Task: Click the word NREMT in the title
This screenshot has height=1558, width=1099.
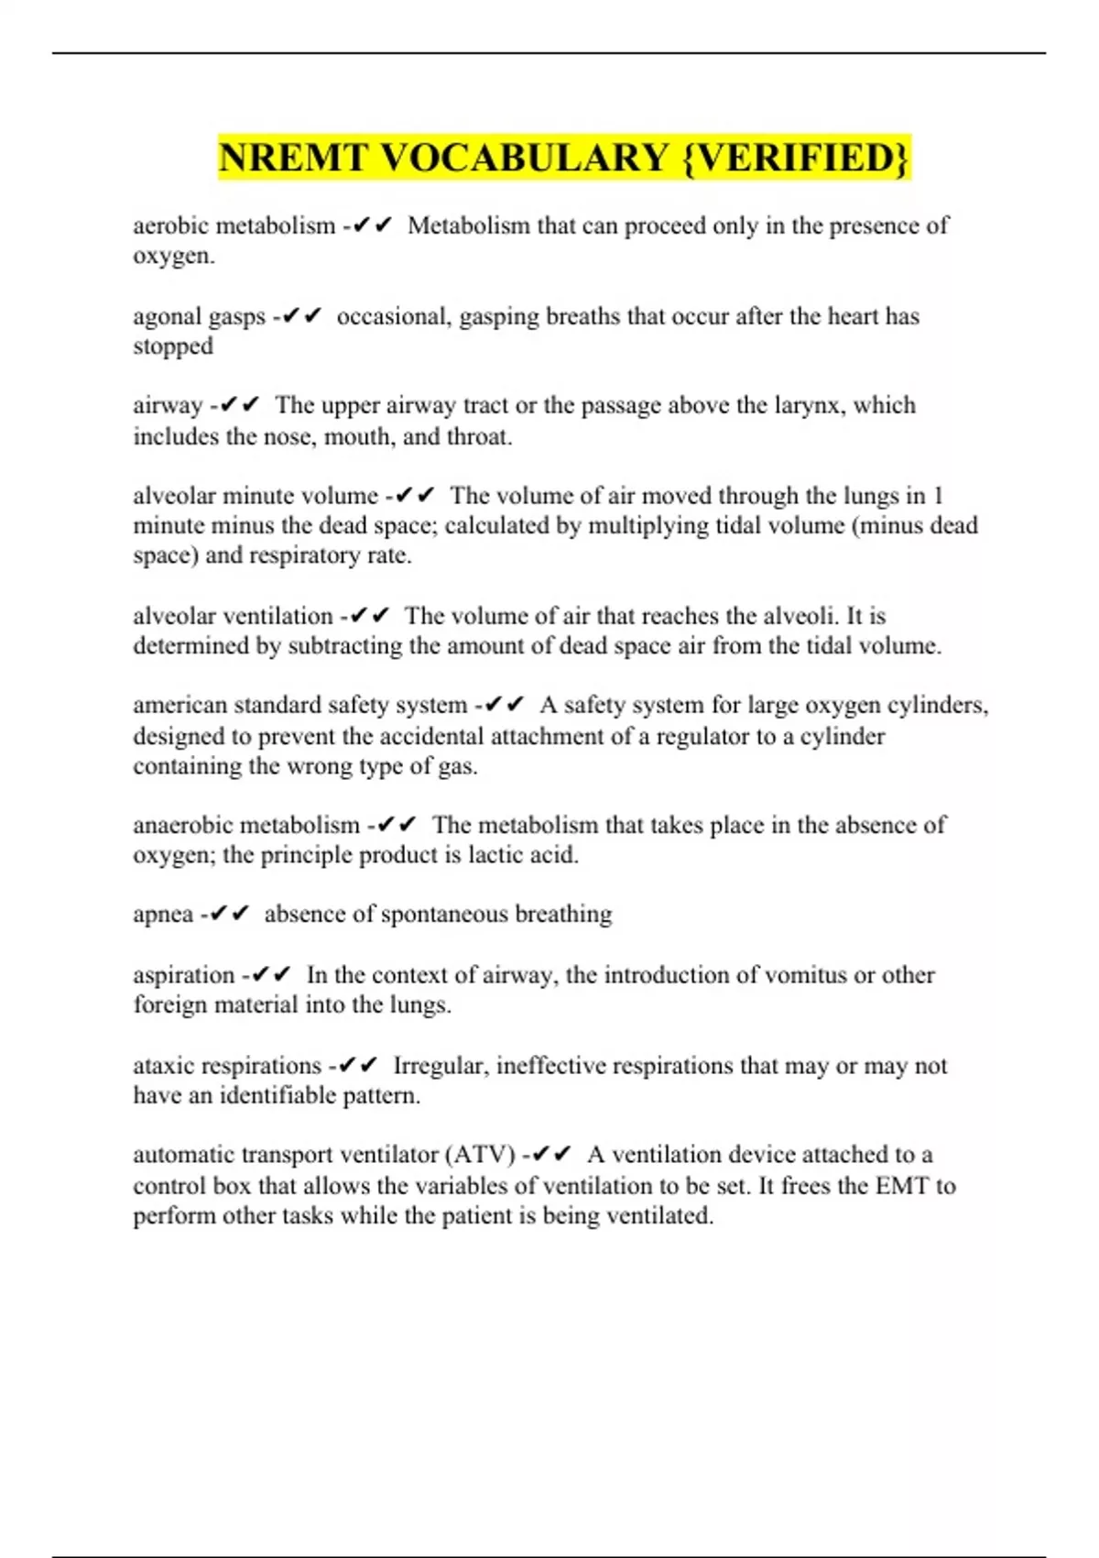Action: click(292, 158)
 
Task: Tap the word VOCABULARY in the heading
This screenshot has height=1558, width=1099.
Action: click(523, 158)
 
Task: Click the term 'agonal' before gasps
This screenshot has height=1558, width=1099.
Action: click(168, 317)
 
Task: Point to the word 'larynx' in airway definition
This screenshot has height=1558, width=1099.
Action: click(810, 405)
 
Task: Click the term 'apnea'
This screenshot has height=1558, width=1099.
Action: click(163, 915)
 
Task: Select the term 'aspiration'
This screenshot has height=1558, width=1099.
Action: click(183, 975)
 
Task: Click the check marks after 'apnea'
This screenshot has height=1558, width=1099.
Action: click(230, 915)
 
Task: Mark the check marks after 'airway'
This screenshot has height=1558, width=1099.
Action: click(240, 405)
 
